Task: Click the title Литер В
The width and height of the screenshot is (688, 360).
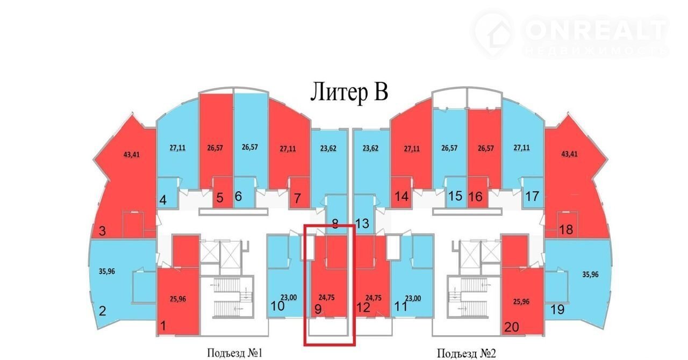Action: click(x=349, y=92)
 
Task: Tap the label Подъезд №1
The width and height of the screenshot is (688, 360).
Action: click(x=235, y=353)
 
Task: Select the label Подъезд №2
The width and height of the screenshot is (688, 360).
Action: click(x=467, y=353)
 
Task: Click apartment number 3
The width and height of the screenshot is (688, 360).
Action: click(x=102, y=231)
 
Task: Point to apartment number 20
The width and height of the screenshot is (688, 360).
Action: click(x=512, y=327)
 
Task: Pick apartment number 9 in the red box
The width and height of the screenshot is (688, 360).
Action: click(x=318, y=309)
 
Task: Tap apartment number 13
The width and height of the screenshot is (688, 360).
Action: click(x=362, y=224)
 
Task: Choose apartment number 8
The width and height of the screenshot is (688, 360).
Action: click(x=335, y=224)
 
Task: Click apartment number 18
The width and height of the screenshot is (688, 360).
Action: click(x=566, y=229)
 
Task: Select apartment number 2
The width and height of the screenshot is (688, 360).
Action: click(x=102, y=311)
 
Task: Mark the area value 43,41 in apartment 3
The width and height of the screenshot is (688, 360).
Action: click(x=132, y=154)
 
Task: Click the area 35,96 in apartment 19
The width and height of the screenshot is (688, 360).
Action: click(x=590, y=275)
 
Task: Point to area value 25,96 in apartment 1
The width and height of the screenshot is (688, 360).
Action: click(x=178, y=299)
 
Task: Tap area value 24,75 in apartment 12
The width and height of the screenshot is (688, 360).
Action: click(x=374, y=298)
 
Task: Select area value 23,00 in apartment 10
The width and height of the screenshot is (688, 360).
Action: click(x=289, y=297)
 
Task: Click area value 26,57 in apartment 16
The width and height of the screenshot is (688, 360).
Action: click(x=486, y=148)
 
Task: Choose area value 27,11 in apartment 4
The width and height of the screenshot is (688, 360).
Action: click(x=177, y=148)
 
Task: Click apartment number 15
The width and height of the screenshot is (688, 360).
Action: click(x=455, y=196)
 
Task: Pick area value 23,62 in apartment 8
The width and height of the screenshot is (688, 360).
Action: click(x=328, y=148)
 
